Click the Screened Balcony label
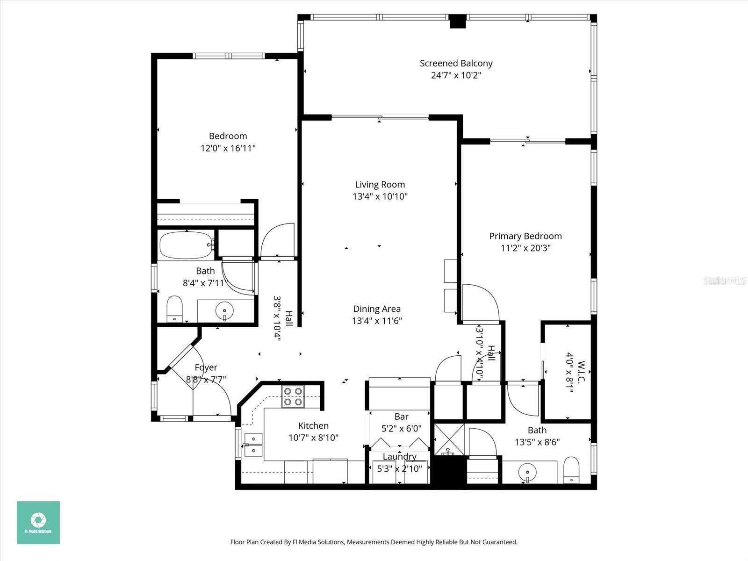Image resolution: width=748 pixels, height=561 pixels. tap(456, 63)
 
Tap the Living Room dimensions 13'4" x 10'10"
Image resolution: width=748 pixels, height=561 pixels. tap(380, 197)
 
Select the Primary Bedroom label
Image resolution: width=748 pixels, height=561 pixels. tap(525, 236)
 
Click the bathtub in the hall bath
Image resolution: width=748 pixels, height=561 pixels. tap(186, 245)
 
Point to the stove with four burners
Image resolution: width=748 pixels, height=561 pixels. tap(293, 396)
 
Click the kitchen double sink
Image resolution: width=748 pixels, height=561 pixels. tap(253, 445)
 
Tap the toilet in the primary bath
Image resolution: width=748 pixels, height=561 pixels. tap(571, 469)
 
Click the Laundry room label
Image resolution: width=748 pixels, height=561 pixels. tap(399, 456)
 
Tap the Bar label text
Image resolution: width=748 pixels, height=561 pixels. tap(401, 417)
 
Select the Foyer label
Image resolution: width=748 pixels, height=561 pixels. tap(206, 367)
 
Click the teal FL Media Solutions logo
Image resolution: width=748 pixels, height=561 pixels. tap(38, 522)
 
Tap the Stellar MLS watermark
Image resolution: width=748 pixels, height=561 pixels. tap(725, 280)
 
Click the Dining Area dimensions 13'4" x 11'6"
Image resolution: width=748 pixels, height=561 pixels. tap(377, 321)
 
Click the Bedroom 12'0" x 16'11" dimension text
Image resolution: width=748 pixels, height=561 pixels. tap(228, 148)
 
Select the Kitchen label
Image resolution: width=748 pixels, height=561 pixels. tap(313, 425)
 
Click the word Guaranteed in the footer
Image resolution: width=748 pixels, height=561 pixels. tap(501, 542)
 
